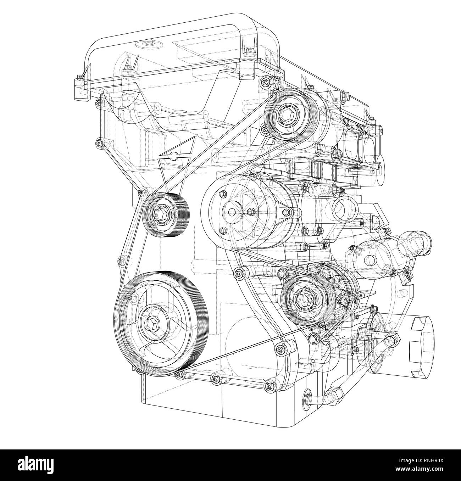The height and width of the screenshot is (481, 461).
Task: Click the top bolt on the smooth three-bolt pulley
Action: [x=223, y=194]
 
